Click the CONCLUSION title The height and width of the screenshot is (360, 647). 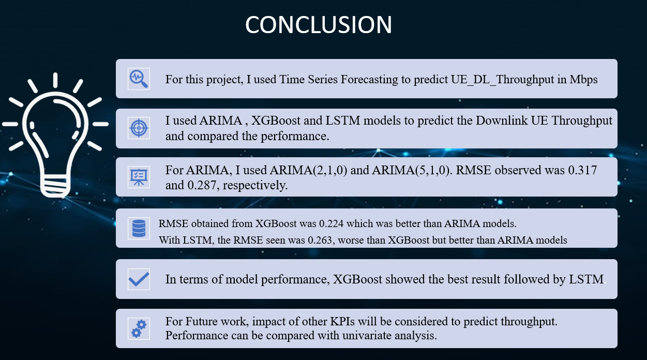tap(319, 25)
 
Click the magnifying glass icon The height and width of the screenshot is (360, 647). tap(139, 79)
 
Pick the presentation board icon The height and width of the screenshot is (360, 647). tap(139, 177)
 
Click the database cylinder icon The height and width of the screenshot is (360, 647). tap(139, 228)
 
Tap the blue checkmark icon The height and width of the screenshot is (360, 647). tap(139, 279)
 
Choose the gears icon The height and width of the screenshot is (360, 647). tap(139, 328)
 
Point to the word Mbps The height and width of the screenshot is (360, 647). tap(583, 80)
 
